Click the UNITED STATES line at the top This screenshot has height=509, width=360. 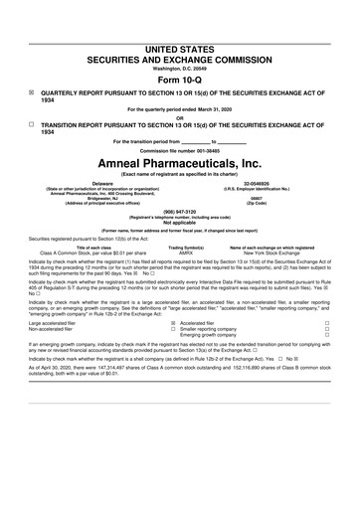coord(179,20)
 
